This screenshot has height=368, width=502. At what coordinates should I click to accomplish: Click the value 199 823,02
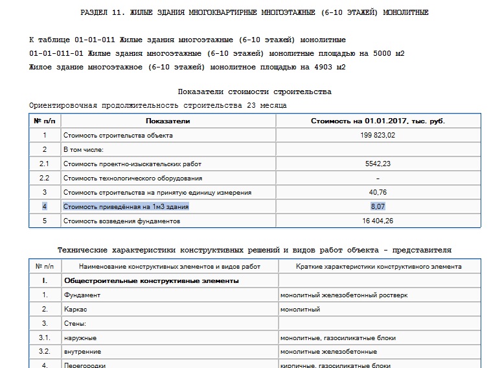click(x=378, y=135)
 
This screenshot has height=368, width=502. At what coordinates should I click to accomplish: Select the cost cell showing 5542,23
click(x=378, y=164)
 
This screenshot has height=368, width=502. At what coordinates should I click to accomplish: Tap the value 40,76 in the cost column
click(x=378, y=192)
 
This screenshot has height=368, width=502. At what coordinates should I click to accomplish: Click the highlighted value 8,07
click(x=378, y=206)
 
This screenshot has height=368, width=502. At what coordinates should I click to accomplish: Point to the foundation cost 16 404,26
click(x=378, y=221)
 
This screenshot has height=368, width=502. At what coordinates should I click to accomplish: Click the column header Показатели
click(x=168, y=121)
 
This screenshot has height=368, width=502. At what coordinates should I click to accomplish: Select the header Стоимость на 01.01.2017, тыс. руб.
click(x=378, y=121)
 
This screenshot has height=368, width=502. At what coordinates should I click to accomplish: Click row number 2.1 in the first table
click(x=45, y=164)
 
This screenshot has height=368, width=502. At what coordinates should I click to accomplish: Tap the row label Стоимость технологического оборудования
click(x=132, y=178)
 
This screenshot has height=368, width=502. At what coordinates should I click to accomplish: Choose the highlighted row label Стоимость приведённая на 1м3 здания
click(x=126, y=206)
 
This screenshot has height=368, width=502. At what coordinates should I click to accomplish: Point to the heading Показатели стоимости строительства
click(x=255, y=92)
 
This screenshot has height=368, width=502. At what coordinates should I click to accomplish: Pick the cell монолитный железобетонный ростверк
click(x=344, y=295)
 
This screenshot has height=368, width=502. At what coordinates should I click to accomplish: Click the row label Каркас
click(x=75, y=309)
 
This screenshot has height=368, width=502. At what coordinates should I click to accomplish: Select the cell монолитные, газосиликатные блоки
click(x=338, y=337)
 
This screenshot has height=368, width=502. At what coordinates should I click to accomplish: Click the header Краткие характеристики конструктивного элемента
click(x=379, y=266)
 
